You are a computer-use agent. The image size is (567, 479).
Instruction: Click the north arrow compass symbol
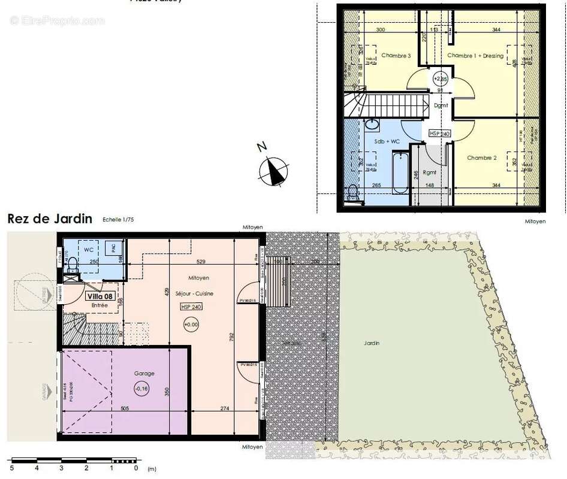point(273,171)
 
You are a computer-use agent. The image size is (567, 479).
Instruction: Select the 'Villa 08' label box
point(99,296)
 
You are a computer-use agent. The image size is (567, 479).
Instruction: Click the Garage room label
point(144,374)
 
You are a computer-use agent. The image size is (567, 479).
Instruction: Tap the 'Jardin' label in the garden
point(371,343)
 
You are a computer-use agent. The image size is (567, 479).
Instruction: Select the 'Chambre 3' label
point(397,56)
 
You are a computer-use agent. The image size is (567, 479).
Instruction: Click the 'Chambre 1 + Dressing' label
point(476,56)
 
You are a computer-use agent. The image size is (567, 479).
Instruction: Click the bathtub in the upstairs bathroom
point(400,172)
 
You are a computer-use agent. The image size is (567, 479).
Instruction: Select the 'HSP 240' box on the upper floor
point(439,134)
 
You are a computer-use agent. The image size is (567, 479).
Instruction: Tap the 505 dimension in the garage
point(125,408)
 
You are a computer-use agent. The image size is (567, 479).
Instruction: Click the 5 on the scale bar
point(11,468)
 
